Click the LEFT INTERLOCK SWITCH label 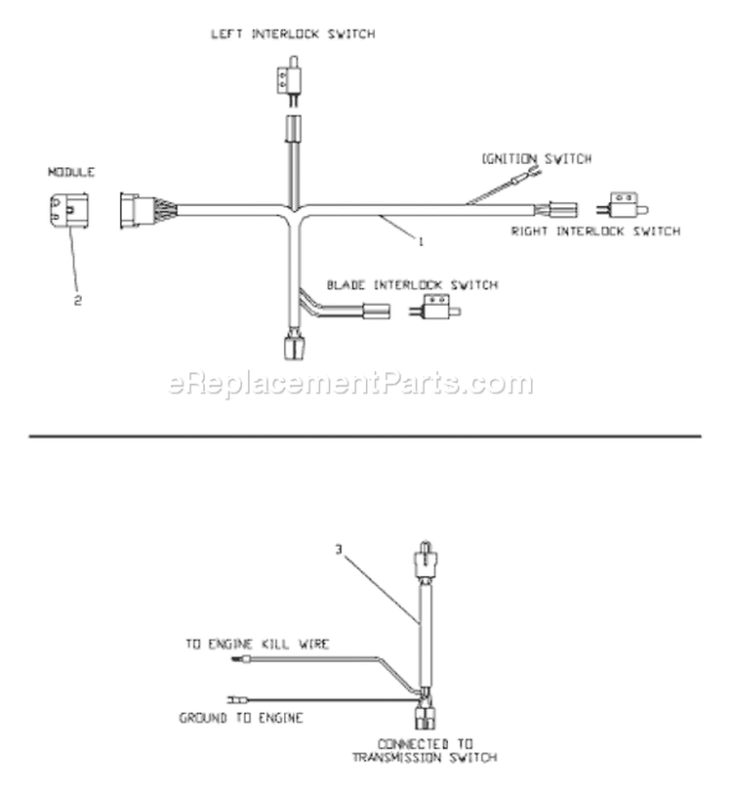tap(293, 34)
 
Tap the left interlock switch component tap(288, 80)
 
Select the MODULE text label tap(71, 172)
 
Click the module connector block tap(69, 210)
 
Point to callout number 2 tap(78, 301)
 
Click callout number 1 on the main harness tap(420, 241)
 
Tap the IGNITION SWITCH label tap(537, 159)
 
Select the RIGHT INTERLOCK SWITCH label tap(595, 231)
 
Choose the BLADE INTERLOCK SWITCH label tap(412, 285)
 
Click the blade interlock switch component tap(434, 307)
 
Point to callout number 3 tap(339, 549)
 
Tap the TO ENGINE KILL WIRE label tap(258, 645)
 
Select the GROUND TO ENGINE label tap(241, 718)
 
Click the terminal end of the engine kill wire tap(239, 659)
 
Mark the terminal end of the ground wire tap(237, 700)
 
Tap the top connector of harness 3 tap(426, 560)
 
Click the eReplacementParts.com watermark tap(350, 383)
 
